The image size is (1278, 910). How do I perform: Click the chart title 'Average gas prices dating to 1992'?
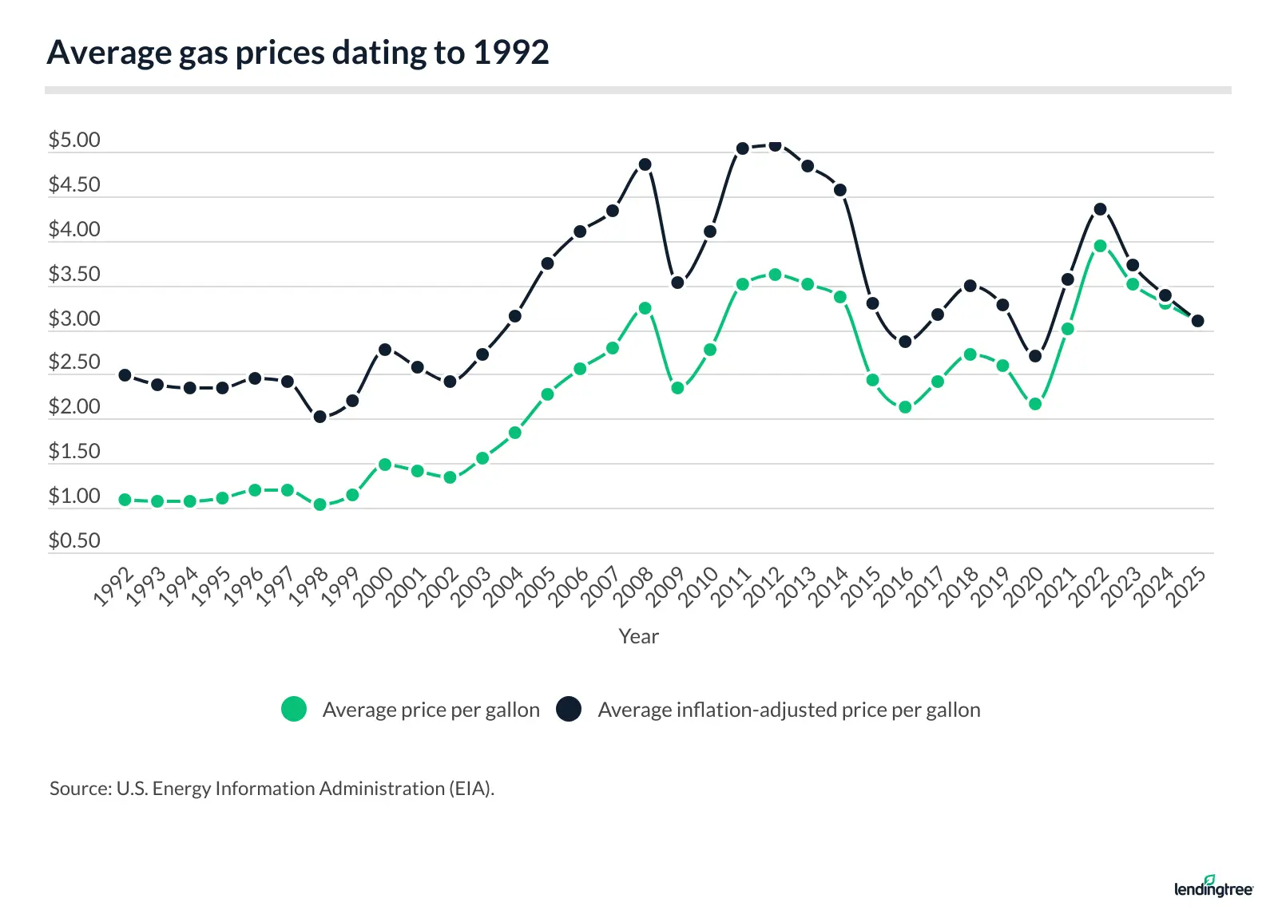pos(298,53)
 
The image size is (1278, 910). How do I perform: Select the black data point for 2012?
pos(775,145)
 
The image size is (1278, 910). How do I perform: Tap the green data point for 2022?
pos(1100,246)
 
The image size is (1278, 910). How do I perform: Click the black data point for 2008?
pos(645,164)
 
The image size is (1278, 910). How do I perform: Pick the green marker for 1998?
pos(319,504)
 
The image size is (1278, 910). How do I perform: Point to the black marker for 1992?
pos(125,375)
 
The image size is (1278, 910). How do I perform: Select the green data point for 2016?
pos(905,407)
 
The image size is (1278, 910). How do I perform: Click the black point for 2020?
pos(1035,356)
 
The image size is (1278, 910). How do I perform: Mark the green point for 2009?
pos(677,388)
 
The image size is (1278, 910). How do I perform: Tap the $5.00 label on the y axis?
pos(74,140)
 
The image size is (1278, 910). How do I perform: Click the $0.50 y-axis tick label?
pos(74,541)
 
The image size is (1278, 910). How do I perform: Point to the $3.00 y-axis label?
pos(74,319)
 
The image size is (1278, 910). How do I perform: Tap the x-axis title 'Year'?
pos(638,636)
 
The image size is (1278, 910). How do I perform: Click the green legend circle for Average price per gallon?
pos(294,709)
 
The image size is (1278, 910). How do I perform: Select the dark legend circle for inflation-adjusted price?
pos(569,709)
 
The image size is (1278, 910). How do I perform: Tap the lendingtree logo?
pos(1213,886)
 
